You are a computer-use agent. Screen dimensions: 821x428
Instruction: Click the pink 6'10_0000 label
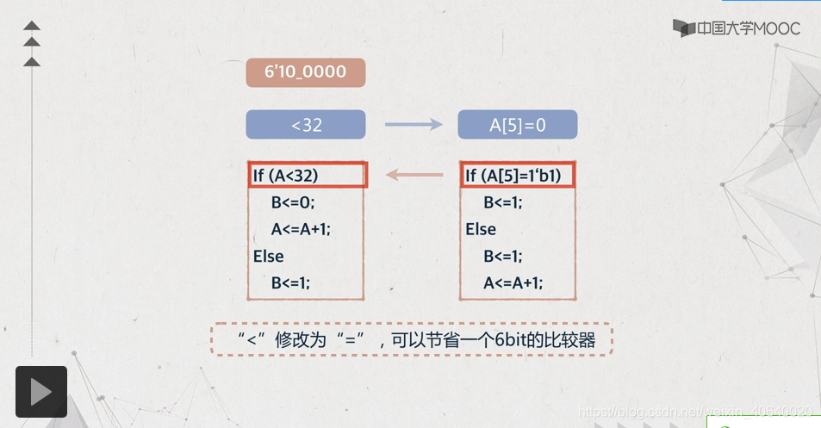pos(306,72)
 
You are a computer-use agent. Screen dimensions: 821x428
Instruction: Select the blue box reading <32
pos(306,125)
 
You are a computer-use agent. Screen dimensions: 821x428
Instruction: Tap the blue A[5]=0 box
pos(518,125)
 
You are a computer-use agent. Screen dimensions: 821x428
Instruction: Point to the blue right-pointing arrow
pos(412,125)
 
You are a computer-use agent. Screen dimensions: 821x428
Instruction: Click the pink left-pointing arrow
pos(412,176)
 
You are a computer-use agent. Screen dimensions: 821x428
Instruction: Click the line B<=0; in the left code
pos(294,203)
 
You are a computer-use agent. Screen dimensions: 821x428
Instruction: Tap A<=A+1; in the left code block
pos(301,229)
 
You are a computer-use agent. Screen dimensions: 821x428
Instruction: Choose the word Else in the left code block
pos(268,256)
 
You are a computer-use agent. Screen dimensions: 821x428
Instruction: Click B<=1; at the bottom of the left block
pos(290,282)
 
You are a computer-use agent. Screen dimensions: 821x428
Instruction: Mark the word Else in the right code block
pos(481,229)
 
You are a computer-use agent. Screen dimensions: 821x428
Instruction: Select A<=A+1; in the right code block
pos(513,282)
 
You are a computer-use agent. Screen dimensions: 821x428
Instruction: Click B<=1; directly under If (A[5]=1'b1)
pos(503,203)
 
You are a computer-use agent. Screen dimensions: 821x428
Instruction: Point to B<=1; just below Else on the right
pos(503,256)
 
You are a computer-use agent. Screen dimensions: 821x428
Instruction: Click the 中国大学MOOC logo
pos(737,28)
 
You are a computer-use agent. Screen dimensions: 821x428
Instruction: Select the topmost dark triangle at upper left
pos(32,25)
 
